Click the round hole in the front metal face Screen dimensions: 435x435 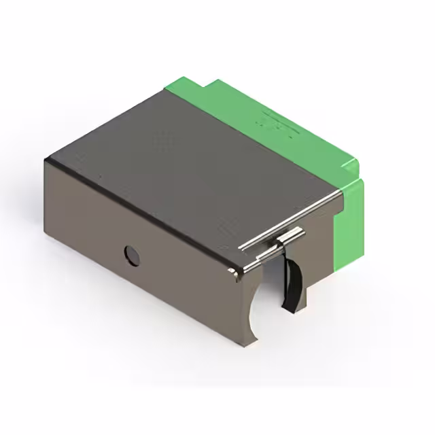pos(131,255)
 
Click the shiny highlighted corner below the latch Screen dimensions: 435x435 pos(237,274)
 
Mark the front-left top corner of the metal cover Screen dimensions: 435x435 pos(46,160)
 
